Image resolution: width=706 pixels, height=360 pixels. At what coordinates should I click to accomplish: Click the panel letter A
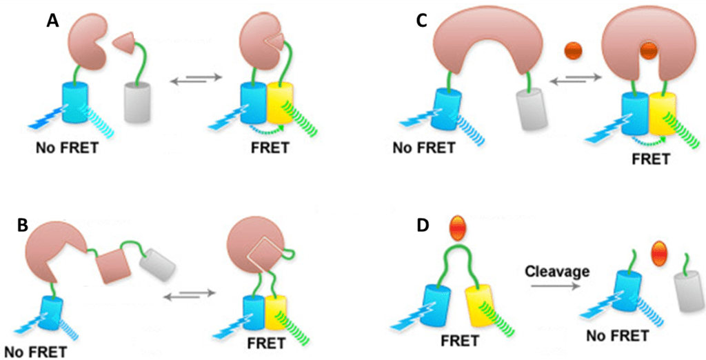[x=52, y=21]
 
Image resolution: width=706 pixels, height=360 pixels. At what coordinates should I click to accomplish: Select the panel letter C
[x=422, y=21]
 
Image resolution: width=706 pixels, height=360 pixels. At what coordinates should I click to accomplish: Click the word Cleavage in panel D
[x=558, y=271]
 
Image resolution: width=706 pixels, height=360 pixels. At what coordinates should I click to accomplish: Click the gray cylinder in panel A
[x=136, y=103]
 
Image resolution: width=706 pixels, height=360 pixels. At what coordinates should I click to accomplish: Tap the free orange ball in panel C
[x=573, y=52]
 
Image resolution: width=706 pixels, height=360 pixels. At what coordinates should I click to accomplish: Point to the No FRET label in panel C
[x=423, y=148]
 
